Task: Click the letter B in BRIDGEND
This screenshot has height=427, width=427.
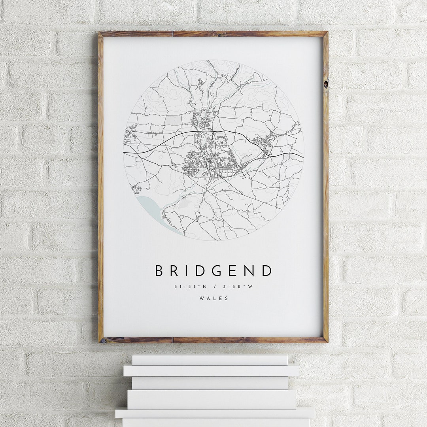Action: (x=159, y=271)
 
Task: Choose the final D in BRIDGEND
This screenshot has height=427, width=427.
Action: (x=267, y=271)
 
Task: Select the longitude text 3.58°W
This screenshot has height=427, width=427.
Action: (x=238, y=287)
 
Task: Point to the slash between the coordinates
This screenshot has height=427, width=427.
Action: (x=213, y=287)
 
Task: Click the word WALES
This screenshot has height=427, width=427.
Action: (x=213, y=298)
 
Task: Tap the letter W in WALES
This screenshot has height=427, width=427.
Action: (x=202, y=298)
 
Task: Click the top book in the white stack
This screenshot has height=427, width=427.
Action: (x=210, y=360)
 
